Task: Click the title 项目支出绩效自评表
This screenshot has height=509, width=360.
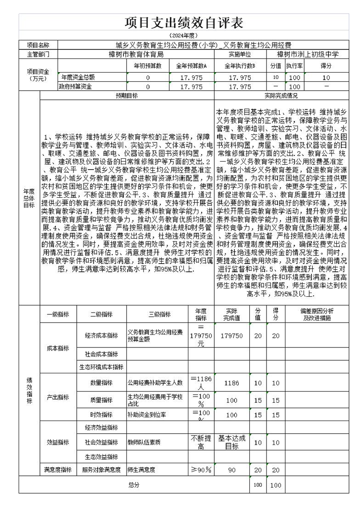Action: (184, 23)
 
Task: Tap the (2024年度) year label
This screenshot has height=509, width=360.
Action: (183, 35)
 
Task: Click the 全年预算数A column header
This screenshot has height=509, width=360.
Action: (191, 66)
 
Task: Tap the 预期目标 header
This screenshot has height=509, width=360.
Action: (127, 96)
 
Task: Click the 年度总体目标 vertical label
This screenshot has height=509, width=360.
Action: (29, 198)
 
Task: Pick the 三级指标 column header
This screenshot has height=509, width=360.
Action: (159, 314)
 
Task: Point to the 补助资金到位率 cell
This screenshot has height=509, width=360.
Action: (147, 415)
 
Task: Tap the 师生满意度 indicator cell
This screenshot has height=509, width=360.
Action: (141, 470)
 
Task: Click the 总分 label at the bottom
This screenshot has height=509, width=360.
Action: (133, 485)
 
